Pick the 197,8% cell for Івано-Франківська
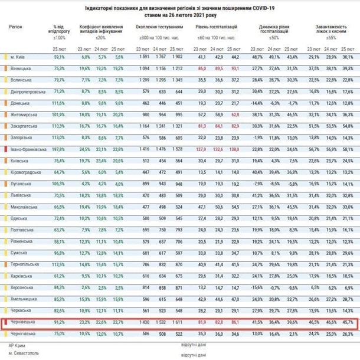pyautogui.click(x=60, y=150)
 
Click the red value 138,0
pyautogui.click(x=234, y=150)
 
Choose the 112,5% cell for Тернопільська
pyautogui.click(x=60, y=266)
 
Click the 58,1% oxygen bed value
pyautogui.click(x=347, y=150)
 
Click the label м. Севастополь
pyautogui.click(x=21, y=354)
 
